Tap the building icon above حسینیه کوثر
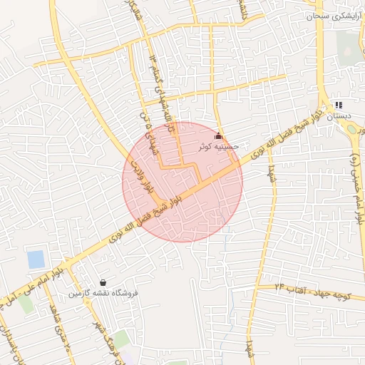click(x=218, y=136)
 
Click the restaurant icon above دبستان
click(x=339, y=105)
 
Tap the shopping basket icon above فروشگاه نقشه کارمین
click(x=104, y=282)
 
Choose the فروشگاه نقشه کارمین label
click(x=104, y=293)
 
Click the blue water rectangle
click(x=36, y=259)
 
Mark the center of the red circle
click(x=183, y=182)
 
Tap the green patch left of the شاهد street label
click(x=26, y=303)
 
